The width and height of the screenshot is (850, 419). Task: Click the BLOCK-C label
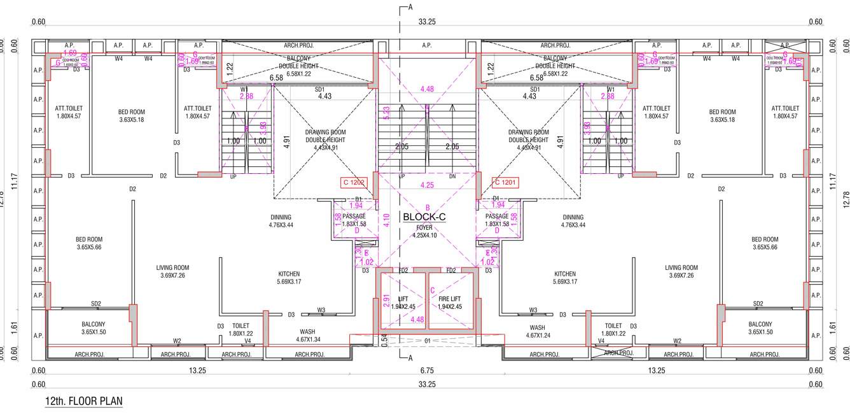coord(424,217)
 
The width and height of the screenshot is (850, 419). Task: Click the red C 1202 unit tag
coord(353,183)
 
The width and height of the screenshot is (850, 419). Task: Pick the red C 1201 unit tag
coord(507,183)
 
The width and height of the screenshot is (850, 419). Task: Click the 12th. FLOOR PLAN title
coord(83,401)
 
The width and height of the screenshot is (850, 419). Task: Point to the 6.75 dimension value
coord(426,371)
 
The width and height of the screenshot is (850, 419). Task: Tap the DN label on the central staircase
coord(452,176)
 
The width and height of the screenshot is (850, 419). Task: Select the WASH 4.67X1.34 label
coord(307,336)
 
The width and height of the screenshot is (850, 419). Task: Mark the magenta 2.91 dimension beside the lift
coord(386,301)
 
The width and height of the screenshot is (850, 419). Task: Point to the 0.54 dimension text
coord(384,339)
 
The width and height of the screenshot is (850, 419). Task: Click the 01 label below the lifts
coord(428,341)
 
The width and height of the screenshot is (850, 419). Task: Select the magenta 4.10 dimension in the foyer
coord(386,222)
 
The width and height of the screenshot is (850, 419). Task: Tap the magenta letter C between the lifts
coord(433,291)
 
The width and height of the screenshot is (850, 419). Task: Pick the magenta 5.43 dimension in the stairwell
coord(387,113)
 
